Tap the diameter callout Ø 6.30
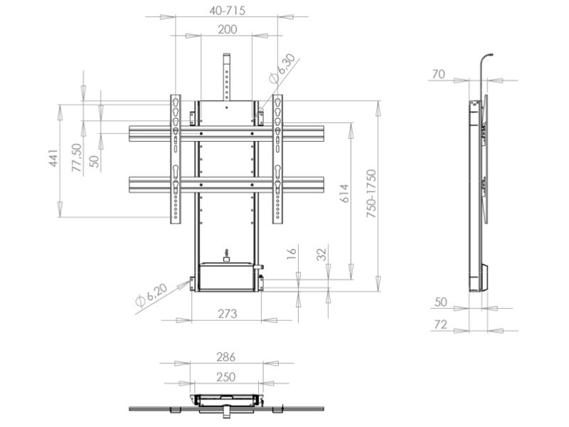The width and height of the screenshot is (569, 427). (282, 68)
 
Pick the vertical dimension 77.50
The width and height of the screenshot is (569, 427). (76, 155)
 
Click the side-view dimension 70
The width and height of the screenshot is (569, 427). (439, 73)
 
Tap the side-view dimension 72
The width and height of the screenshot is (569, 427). (440, 325)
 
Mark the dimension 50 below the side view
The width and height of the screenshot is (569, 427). (440, 302)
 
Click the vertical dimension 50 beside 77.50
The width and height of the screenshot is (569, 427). (95, 161)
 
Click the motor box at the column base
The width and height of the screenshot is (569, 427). (226, 277)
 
